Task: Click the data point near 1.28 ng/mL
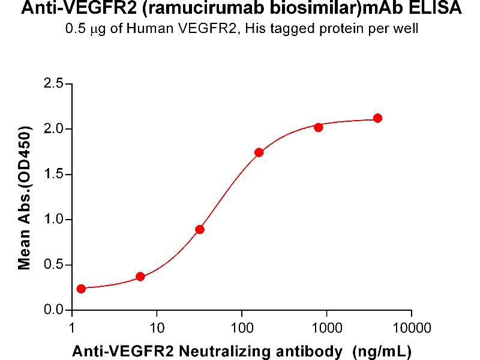[x=81, y=289]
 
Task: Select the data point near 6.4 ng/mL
[x=140, y=277]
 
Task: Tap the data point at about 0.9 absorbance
[x=200, y=229]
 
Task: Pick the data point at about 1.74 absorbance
[x=259, y=152]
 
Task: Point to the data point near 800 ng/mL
[x=318, y=127]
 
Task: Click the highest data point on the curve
[x=377, y=118]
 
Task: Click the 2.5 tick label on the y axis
[x=54, y=83]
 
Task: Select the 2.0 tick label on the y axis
[x=54, y=129]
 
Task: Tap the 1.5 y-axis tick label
[x=54, y=175]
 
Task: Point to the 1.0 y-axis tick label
[x=54, y=220]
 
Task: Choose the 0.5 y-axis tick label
[x=54, y=265]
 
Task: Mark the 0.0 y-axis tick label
[x=54, y=310]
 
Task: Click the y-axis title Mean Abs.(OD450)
[x=25, y=198]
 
